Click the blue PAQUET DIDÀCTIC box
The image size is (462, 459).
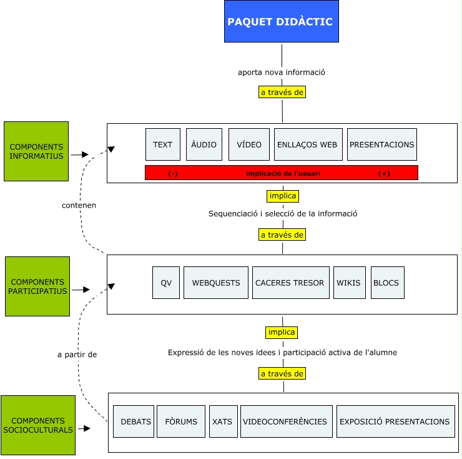(282, 21)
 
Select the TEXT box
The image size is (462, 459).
(163, 144)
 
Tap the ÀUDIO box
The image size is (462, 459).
(204, 144)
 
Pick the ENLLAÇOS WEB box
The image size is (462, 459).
(308, 144)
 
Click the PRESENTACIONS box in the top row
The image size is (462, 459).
(381, 144)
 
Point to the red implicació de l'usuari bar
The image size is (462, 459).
(281, 173)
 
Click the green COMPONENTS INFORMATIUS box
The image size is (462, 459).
(36, 151)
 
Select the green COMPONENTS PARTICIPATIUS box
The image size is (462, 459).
(37, 286)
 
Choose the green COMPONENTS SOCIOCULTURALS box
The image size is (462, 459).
(38, 425)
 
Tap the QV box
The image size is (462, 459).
(166, 283)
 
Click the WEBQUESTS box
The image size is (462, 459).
(215, 283)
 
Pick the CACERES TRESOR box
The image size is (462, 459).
(290, 283)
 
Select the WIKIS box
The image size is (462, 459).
(349, 283)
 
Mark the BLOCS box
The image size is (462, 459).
(386, 283)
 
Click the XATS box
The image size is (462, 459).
(222, 421)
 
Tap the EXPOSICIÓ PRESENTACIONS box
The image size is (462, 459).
(395, 421)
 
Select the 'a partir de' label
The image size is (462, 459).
(77, 355)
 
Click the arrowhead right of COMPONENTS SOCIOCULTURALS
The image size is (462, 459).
(87, 428)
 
